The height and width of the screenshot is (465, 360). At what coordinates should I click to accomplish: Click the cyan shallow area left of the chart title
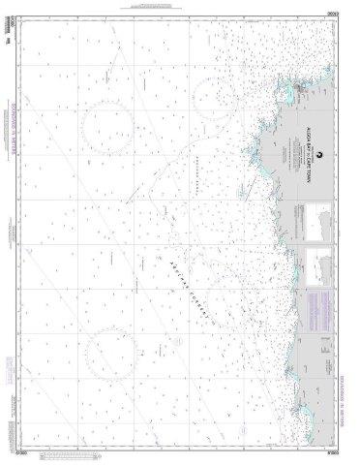[x=254, y=155]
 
